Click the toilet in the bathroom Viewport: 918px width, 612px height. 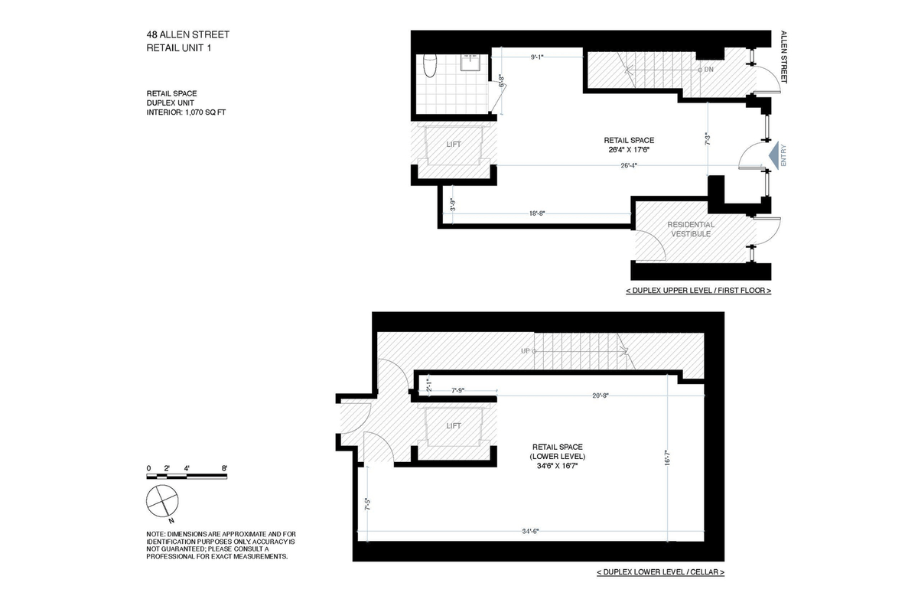[430, 66]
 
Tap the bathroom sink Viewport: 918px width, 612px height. [470, 62]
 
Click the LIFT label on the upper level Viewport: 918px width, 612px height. [454, 145]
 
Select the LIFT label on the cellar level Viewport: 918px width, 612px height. [454, 426]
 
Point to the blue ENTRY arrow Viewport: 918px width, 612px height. [773, 155]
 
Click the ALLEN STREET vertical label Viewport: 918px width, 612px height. [783, 57]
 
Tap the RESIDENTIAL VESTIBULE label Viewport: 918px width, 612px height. [691, 229]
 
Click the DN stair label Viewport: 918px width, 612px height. [708, 70]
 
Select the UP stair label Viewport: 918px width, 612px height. [526, 351]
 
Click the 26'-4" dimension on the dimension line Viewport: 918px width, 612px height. [629, 165]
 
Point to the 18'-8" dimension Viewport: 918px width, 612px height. [537, 213]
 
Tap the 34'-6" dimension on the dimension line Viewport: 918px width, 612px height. [530, 531]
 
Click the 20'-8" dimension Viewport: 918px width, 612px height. [601, 396]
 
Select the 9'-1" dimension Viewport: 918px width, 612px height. [537, 57]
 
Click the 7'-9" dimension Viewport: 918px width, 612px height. [457, 390]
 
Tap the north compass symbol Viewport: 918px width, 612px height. [162, 501]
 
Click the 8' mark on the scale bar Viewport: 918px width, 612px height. [224, 468]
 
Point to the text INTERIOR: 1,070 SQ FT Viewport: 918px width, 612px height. [186, 112]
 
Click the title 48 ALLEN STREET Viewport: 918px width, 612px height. [187, 35]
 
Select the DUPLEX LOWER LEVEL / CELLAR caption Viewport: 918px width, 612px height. [661, 572]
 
